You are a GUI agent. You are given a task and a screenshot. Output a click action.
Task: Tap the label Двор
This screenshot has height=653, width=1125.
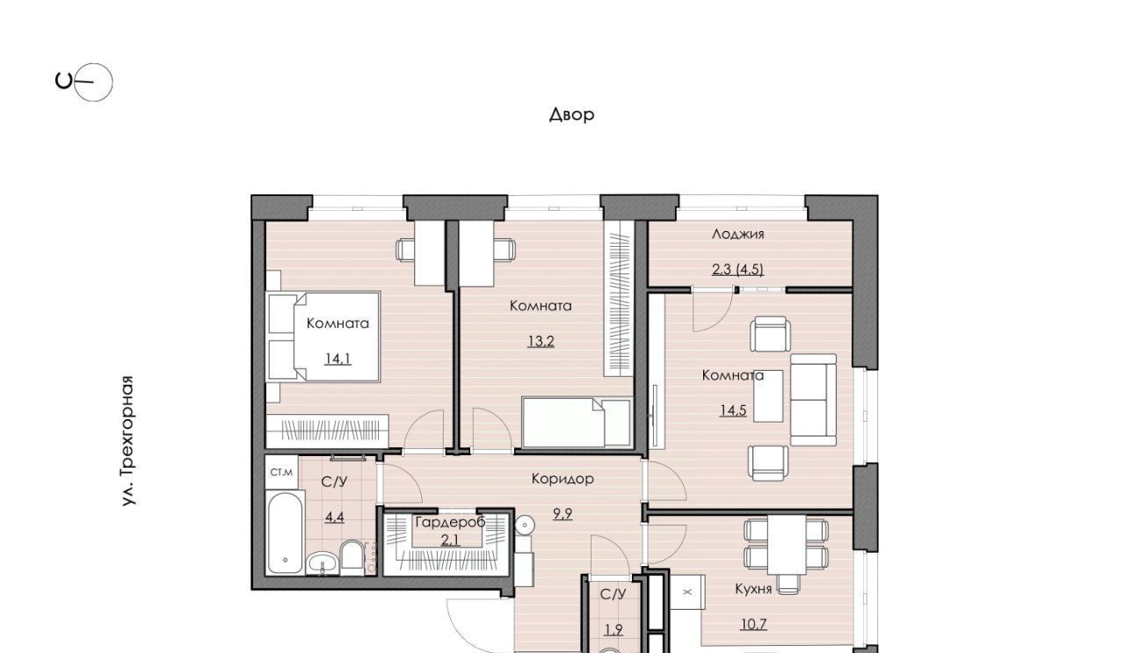click(571, 115)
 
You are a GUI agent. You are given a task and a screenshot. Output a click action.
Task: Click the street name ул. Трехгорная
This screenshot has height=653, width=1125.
click(128, 440)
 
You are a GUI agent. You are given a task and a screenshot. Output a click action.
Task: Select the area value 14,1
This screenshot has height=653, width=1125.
click(337, 359)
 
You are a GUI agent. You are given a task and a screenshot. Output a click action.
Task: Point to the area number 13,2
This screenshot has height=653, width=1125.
click(541, 342)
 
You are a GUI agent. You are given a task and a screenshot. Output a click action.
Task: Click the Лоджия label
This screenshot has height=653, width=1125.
click(737, 234)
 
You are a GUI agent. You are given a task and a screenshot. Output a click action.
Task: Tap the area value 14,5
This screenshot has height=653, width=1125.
click(733, 411)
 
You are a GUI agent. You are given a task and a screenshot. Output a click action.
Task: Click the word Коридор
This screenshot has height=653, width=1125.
click(562, 479)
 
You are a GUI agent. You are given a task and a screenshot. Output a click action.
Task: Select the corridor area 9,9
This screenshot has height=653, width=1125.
click(562, 514)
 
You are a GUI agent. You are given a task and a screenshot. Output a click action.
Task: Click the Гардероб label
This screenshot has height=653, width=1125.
click(451, 522)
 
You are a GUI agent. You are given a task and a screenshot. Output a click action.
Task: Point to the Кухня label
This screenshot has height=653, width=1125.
click(753, 589)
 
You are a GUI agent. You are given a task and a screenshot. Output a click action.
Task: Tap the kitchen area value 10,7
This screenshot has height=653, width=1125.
click(754, 624)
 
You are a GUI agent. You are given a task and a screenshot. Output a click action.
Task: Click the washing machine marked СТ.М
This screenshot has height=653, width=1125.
click(281, 472)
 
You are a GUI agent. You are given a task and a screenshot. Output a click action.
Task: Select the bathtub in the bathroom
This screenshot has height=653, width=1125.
click(286, 533)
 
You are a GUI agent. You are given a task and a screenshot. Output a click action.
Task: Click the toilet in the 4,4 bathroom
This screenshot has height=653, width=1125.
click(352, 555)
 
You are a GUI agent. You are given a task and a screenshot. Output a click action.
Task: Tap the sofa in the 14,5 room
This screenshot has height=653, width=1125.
click(813, 400)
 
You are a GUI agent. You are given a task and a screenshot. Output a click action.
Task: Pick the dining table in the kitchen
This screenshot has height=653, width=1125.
click(787, 545)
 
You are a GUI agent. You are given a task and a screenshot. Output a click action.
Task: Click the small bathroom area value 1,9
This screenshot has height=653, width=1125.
click(613, 629)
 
